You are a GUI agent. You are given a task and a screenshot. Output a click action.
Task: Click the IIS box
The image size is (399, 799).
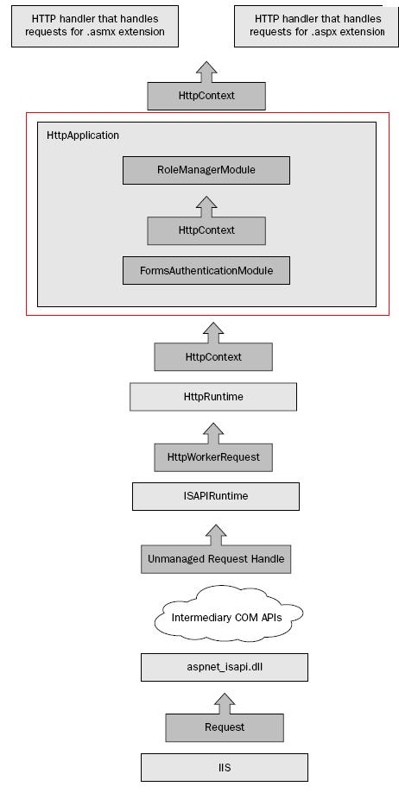(x=225, y=767)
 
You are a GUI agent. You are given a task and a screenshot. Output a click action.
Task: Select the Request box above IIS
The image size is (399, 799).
(x=225, y=727)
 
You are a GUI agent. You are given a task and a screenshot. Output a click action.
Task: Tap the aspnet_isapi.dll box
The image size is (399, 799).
(x=225, y=667)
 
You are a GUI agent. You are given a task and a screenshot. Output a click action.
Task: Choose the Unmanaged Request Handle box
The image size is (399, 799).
(x=216, y=559)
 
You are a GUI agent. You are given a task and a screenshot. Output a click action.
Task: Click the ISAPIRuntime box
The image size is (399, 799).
(x=216, y=496)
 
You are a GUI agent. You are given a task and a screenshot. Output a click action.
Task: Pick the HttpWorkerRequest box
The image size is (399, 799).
(x=213, y=457)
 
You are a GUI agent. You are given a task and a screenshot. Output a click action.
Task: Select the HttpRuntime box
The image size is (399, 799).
(x=213, y=397)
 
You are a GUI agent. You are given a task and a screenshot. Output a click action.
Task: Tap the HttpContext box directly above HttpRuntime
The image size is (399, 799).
(x=213, y=356)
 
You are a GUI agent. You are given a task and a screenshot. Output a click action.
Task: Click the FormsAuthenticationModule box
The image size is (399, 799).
(x=206, y=271)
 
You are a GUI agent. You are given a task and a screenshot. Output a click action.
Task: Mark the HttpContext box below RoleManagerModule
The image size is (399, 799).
(x=206, y=230)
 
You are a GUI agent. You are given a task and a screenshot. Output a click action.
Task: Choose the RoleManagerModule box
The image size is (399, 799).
(x=206, y=170)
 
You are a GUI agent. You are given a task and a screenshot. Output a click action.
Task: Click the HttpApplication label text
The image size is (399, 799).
(x=83, y=135)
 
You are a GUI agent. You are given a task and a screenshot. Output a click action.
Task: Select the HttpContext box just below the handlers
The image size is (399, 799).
(x=206, y=95)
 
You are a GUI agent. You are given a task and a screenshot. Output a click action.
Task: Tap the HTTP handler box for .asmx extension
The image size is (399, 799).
(x=95, y=26)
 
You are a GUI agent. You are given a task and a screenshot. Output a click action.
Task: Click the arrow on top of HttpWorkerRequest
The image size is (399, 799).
(x=213, y=434)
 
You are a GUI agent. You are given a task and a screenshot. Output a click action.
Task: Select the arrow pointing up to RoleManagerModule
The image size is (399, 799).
(x=206, y=207)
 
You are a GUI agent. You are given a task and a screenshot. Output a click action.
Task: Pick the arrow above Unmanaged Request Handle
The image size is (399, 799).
(x=216, y=535)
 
